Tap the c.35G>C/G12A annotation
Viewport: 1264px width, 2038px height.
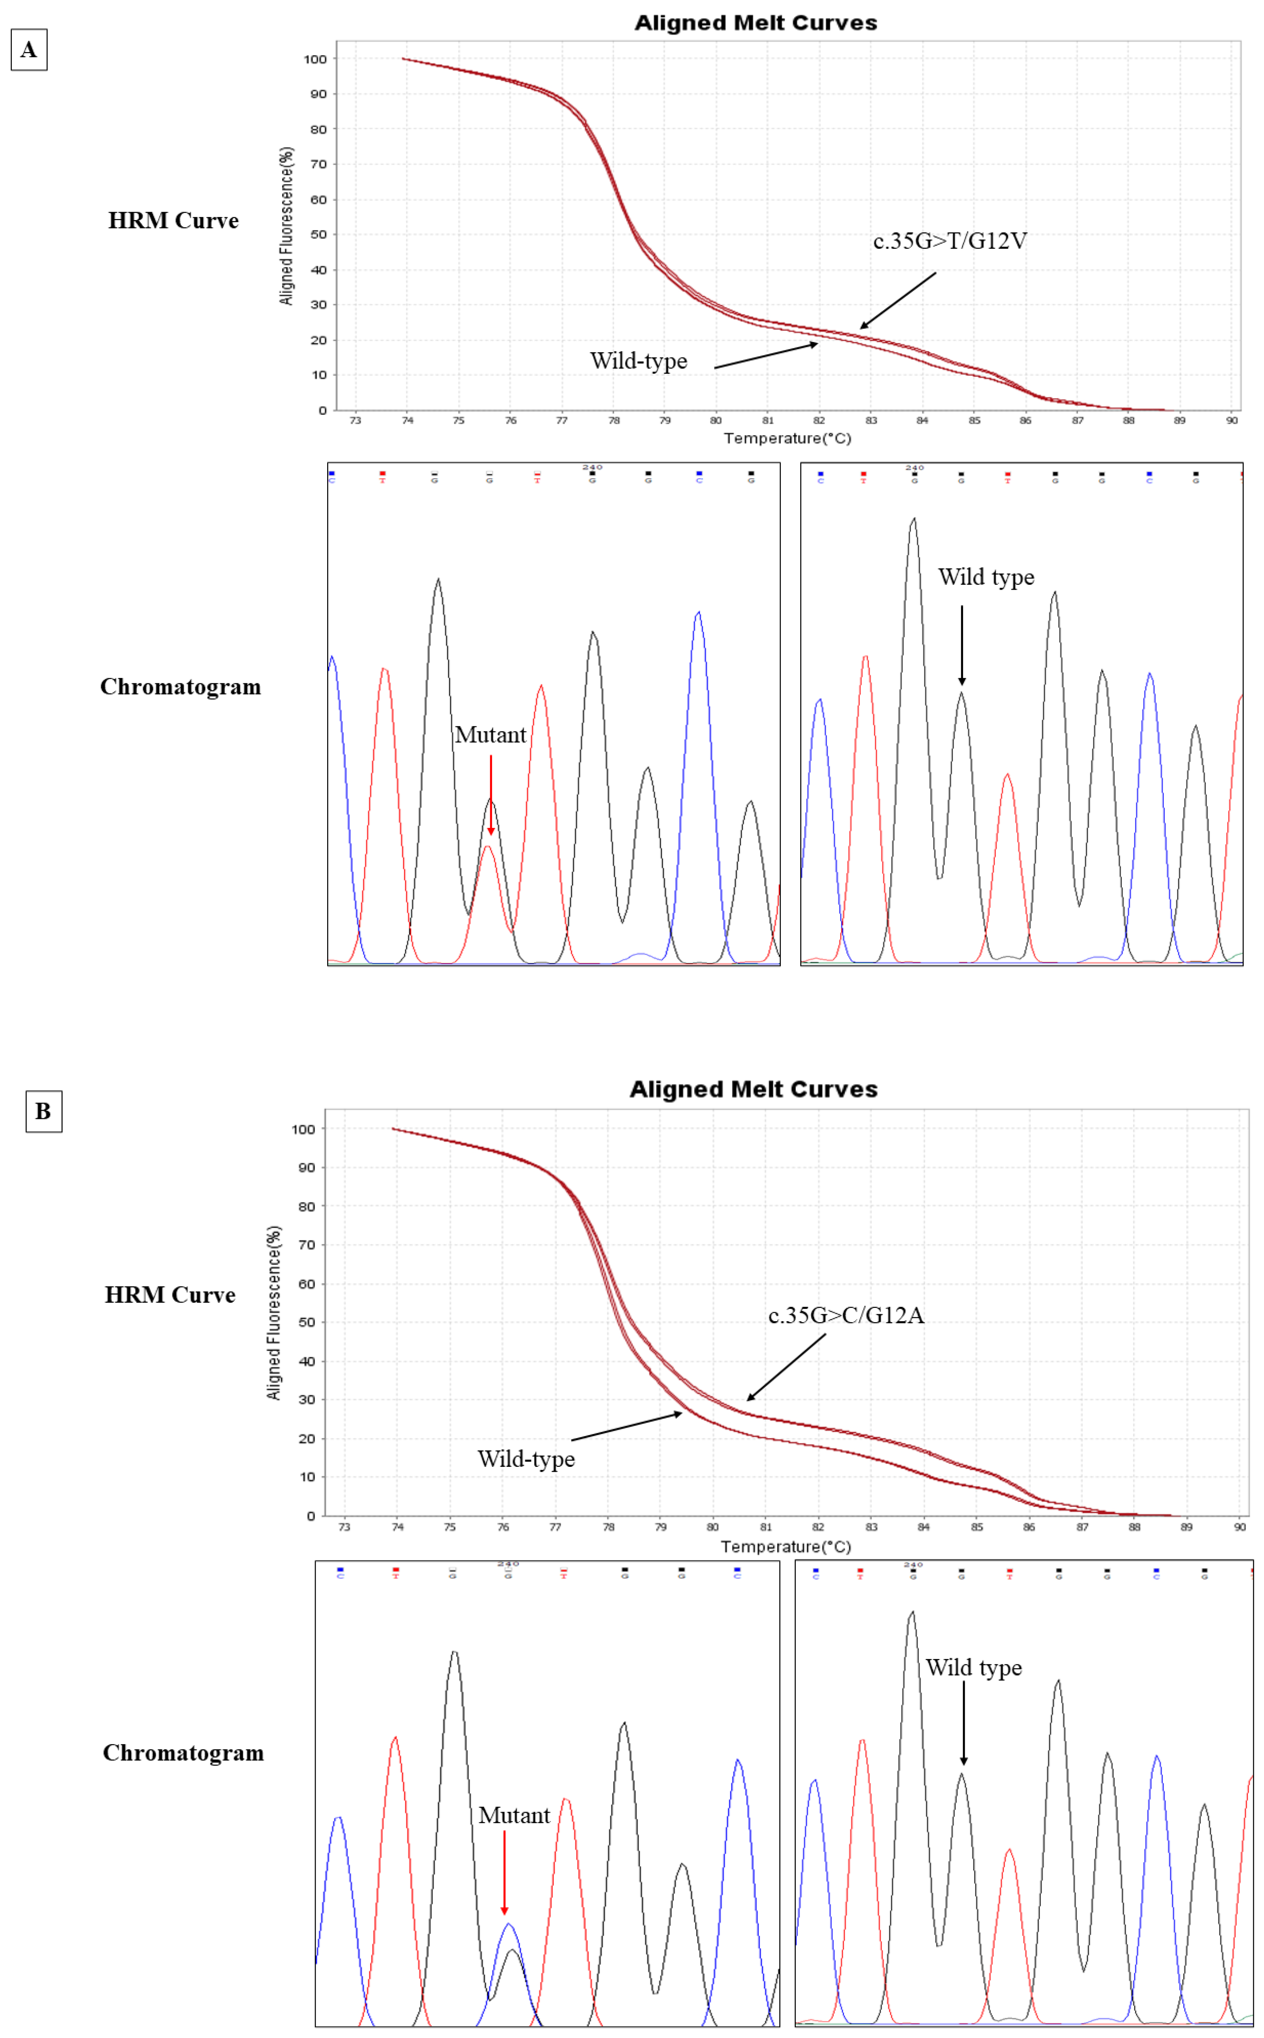point(846,1316)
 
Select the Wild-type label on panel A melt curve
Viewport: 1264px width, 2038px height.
point(639,361)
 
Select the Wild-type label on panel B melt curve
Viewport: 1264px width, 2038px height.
point(526,1459)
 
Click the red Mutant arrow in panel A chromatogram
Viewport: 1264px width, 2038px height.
point(491,794)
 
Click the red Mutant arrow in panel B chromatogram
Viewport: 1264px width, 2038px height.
point(504,1872)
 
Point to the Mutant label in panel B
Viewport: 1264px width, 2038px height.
point(514,1815)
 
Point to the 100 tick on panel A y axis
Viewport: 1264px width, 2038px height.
point(315,59)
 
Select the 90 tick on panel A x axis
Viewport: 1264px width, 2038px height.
point(1232,421)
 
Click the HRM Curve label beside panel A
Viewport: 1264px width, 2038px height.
point(173,221)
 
